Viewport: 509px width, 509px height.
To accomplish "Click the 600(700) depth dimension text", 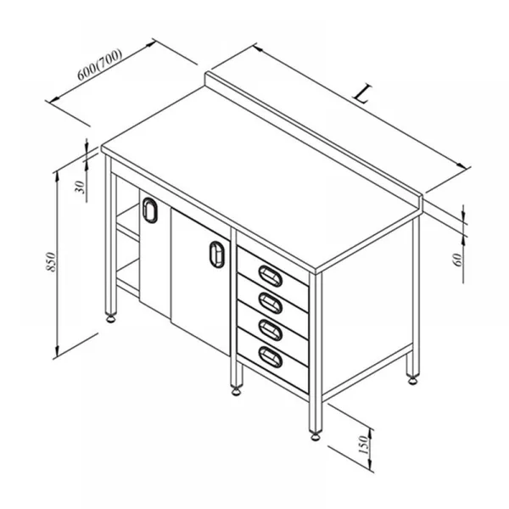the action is pyautogui.click(x=99, y=64).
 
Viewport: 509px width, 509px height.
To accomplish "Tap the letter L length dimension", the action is pyautogui.click(x=362, y=93).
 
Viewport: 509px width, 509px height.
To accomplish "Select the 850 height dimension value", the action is pyautogui.click(x=51, y=261).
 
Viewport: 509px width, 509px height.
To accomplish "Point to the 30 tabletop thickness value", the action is pyautogui.click(x=80, y=187).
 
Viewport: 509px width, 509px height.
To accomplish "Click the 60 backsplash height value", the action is pyautogui.click(x=457, y=260).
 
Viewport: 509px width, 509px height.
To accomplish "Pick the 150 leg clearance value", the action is pyautogui.click(x=364, y=445).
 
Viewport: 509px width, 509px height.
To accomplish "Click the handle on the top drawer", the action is pyautogui.click(x=271, y=276).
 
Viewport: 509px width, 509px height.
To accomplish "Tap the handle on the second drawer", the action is pyautogui.click(x=271, y=303).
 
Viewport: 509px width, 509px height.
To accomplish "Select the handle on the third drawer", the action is pyautogui.click(x=271, y=330).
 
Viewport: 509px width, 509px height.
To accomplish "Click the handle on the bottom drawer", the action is pyautogui.click(x=271, y=357).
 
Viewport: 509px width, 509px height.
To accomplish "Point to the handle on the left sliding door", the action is pyautogui.click(x=149, y=210).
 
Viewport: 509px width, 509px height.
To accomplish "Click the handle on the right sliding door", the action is pyautogui.click(x=217, y=255).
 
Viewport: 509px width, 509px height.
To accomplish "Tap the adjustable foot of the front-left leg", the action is pyautogui.click(x=111, y=318).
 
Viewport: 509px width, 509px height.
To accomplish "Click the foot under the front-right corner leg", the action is pyautogui.click(x=316, y=436).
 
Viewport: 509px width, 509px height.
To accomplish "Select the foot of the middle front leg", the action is pyautogui.click(x=237, y=390).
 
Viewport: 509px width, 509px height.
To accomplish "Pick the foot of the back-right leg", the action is pyautogui.click(x=413, y=379).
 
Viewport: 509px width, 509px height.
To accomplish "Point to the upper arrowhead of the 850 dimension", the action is pyautogui.click(x=57, y=176).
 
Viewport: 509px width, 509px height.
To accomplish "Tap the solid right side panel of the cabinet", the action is pyautogui.click(x=367, y=309).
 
